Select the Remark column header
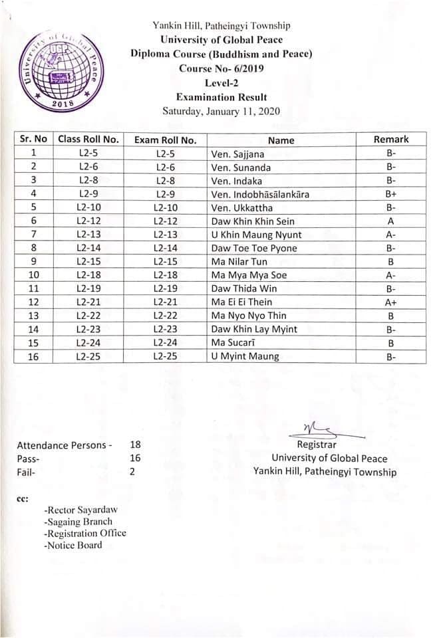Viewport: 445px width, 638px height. (x=391, y=140)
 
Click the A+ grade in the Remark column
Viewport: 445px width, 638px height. (x=391, y=302)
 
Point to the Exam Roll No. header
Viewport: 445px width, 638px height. (x=165, y=140)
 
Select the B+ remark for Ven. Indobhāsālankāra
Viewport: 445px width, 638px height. (x=391, y=194)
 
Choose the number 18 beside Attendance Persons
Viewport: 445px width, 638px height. (x=136, y=445)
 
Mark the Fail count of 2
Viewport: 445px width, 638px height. (x=132, y=472)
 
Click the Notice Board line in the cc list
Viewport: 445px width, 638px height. (x=73, y=546)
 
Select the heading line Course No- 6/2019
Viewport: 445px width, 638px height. (x=222, y=68)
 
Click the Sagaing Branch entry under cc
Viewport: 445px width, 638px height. (x=78, y=522)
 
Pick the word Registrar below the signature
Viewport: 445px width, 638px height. (x=317, y=445)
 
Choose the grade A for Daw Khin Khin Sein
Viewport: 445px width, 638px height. (x=391, y=221)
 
